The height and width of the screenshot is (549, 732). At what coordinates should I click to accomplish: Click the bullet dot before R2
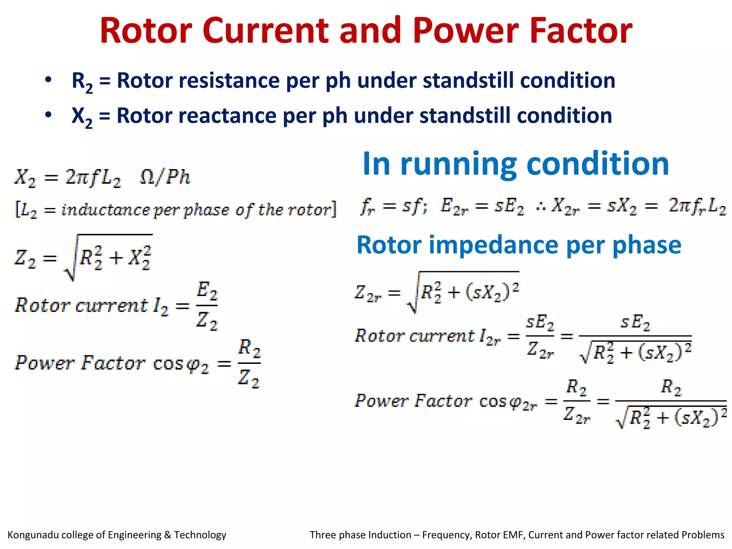(x=48, y=80)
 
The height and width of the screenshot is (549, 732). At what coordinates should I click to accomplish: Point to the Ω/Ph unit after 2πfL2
(x=165, y=177)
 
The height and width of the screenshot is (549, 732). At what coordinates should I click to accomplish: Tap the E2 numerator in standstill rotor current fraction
(x=207, y=291)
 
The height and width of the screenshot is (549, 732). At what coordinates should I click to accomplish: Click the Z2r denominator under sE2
(x=540, y=350)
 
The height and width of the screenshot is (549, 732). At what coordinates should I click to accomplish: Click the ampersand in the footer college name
(x=168, y=535)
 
